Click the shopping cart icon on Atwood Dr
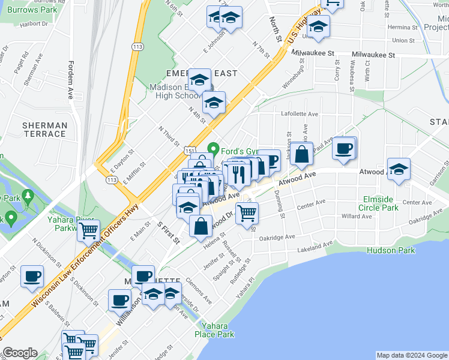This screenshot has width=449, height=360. coord(247,213)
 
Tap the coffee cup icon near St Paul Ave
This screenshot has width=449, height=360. coord(344,148)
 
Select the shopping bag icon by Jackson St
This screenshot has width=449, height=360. coord(303,153)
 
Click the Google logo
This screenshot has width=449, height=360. coord(20,353)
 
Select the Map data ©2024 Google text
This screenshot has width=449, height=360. coord(411,355)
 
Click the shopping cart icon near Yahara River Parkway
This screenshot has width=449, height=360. coord(88,230)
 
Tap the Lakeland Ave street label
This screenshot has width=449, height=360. coord(313,245)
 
